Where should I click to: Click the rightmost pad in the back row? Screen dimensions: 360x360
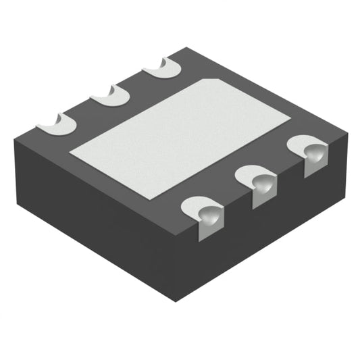pos(162,68)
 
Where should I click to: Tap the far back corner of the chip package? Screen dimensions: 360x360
pos(186,49)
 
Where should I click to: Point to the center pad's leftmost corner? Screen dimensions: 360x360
pos(70,154)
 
